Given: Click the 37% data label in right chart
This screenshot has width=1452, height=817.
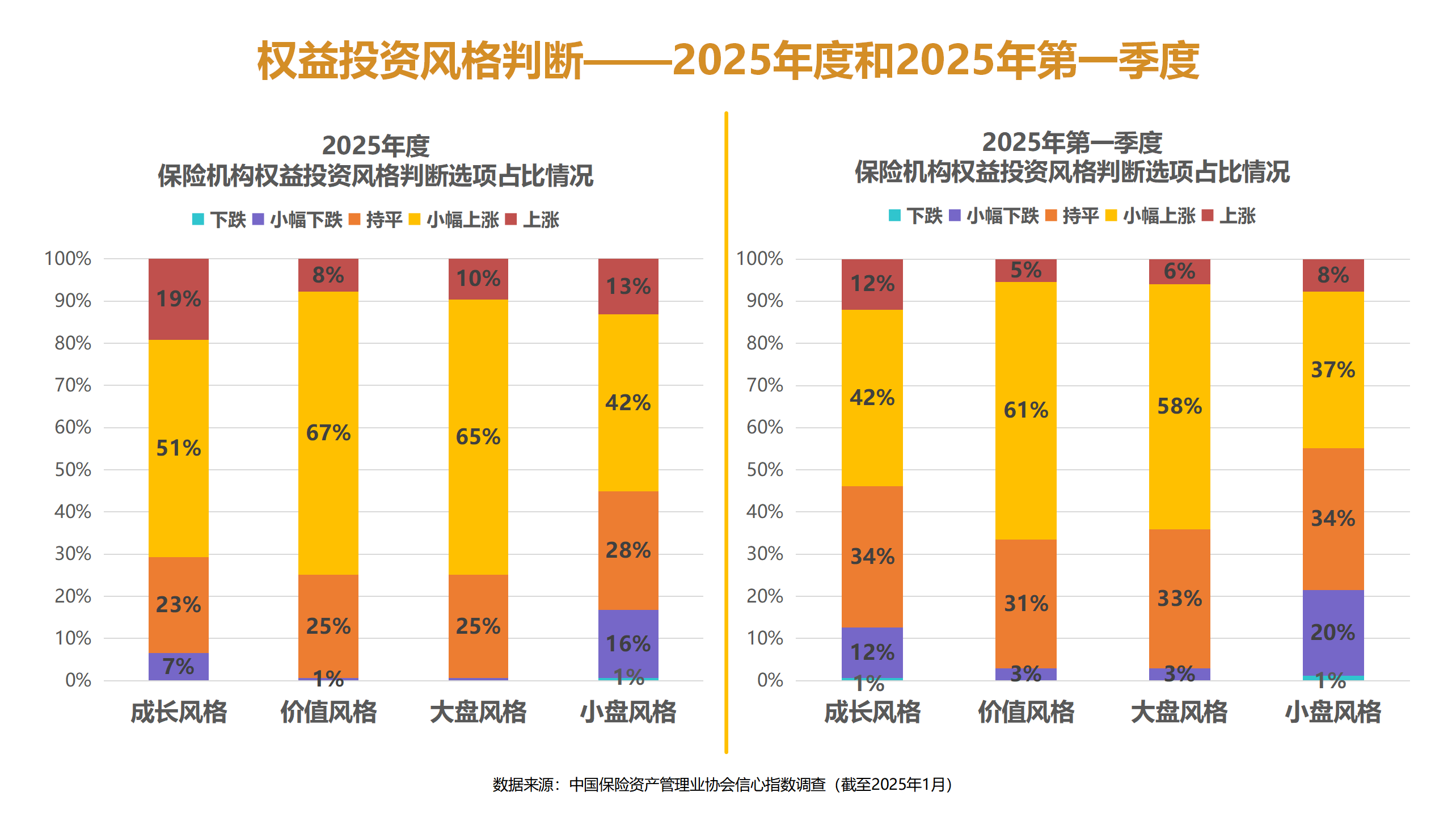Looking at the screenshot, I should (x=1333, y=370).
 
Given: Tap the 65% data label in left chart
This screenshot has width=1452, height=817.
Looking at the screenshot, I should (x=478, y=437).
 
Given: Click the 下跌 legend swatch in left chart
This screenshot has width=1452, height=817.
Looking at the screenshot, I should (x=198, y=219).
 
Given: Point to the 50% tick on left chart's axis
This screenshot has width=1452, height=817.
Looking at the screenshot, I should (x=73, y=469).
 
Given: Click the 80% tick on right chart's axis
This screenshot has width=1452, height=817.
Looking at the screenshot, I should (x=765, y=343).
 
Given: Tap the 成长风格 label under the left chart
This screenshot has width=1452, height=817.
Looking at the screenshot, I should (x=179, y=712).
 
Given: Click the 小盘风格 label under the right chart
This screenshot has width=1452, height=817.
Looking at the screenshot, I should (x=1333, y=712).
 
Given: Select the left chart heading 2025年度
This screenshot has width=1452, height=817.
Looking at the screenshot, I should (x=375, y=146).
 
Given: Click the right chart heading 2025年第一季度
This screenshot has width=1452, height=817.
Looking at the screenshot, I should (x=1072, y=142).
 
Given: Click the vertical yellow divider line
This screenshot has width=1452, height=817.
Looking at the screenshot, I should (x=726, y=431).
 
